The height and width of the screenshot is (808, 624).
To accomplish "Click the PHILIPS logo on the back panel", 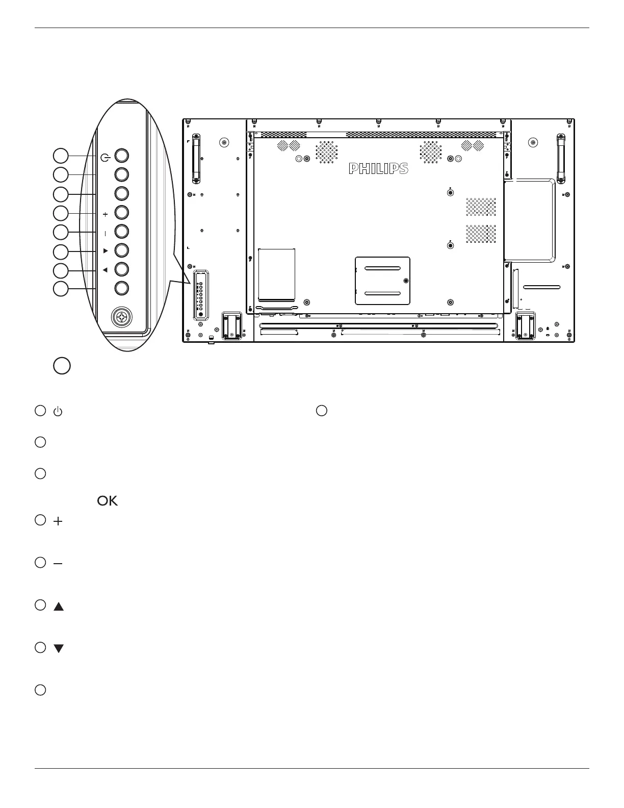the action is click(x=378, y=169).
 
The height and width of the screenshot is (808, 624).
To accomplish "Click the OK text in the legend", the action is click(x=107, y=501).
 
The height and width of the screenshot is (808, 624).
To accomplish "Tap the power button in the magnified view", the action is click(x=121, y=156).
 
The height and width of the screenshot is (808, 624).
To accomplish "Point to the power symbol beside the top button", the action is click(x=105, y=157).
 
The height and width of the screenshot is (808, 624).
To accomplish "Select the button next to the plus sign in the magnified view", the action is click(x=121, y=212).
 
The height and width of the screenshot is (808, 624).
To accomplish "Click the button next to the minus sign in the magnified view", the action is click(x=121, y=232).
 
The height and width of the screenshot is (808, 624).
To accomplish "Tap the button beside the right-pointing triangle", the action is click(x=121, y=250).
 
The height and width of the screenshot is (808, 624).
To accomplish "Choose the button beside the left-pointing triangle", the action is click(x=121, y=269).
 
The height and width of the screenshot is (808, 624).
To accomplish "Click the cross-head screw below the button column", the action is click(x=122, y=318).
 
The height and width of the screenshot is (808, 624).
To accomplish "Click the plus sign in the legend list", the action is click(x=58, y=521).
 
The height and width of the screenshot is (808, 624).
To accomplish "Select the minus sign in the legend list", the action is click(x=58, y=564).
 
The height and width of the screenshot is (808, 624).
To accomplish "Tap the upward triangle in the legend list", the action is click(x=59, y=607).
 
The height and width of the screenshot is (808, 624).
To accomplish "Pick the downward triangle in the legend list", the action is click(x=59, y=649).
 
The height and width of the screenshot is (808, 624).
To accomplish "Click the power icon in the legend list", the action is click(x=58, y=411).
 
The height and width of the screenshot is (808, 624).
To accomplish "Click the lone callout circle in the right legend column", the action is click(x=321, y=411).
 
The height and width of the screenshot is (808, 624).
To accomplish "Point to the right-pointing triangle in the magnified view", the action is click(x=105, y=251).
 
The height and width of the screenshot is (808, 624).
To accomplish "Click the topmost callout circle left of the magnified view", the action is click(x=61, y=156).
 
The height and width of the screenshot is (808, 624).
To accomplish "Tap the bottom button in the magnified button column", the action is click(x=121, y=288).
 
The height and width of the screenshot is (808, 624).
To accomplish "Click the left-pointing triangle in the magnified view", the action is click(x=105, y=270).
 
